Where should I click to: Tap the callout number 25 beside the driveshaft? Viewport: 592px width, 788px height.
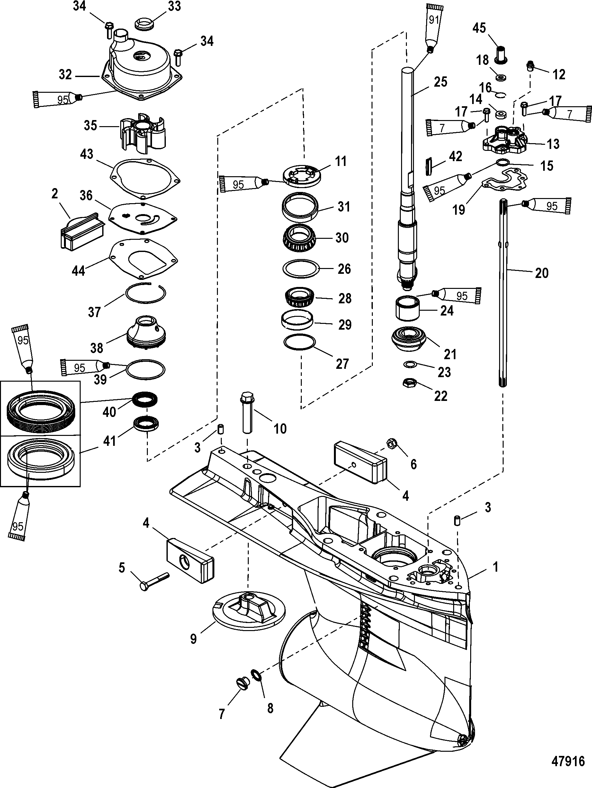440,82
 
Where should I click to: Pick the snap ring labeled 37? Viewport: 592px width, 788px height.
146,293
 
